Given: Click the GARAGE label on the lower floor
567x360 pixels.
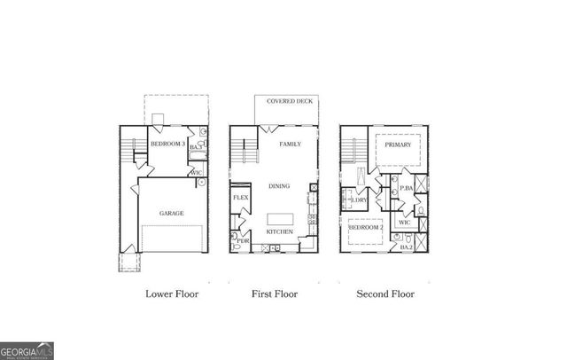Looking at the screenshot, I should coord(171,214).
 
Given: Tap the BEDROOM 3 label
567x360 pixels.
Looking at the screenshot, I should coord(167,144).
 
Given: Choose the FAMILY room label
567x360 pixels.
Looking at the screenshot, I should coord(290,144).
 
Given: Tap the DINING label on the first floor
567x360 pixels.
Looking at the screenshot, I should coord(281,186).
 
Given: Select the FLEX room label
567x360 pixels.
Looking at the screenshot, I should coord(239,197).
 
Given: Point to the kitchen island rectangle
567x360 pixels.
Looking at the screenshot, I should coord(280,218).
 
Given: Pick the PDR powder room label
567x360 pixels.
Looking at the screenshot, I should coord(240,240).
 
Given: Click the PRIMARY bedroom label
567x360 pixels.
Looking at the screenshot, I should coord(398,144).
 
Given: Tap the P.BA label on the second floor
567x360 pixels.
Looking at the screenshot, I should coord(407,189).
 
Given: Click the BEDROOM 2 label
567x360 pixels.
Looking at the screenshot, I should coord(365,228).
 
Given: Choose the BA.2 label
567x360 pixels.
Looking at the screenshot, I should coord(407,247).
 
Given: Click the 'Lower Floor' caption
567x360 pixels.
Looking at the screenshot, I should coord(172,293).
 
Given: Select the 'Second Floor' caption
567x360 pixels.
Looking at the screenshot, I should coord(385,293).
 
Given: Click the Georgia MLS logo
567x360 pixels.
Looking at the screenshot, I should coord(27,350).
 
